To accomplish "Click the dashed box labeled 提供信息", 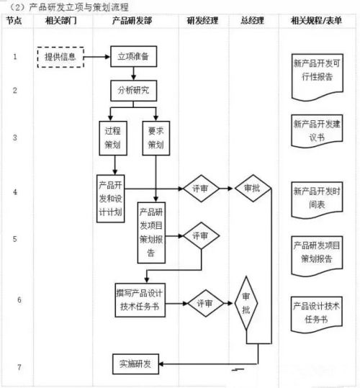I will (61, 56).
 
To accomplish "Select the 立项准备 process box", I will (132, 56).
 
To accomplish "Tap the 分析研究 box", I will (132, 91).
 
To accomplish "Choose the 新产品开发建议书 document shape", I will (317, 130).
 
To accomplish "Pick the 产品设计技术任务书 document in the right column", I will (317, 311).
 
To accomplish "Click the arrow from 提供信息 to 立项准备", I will (97, 56).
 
